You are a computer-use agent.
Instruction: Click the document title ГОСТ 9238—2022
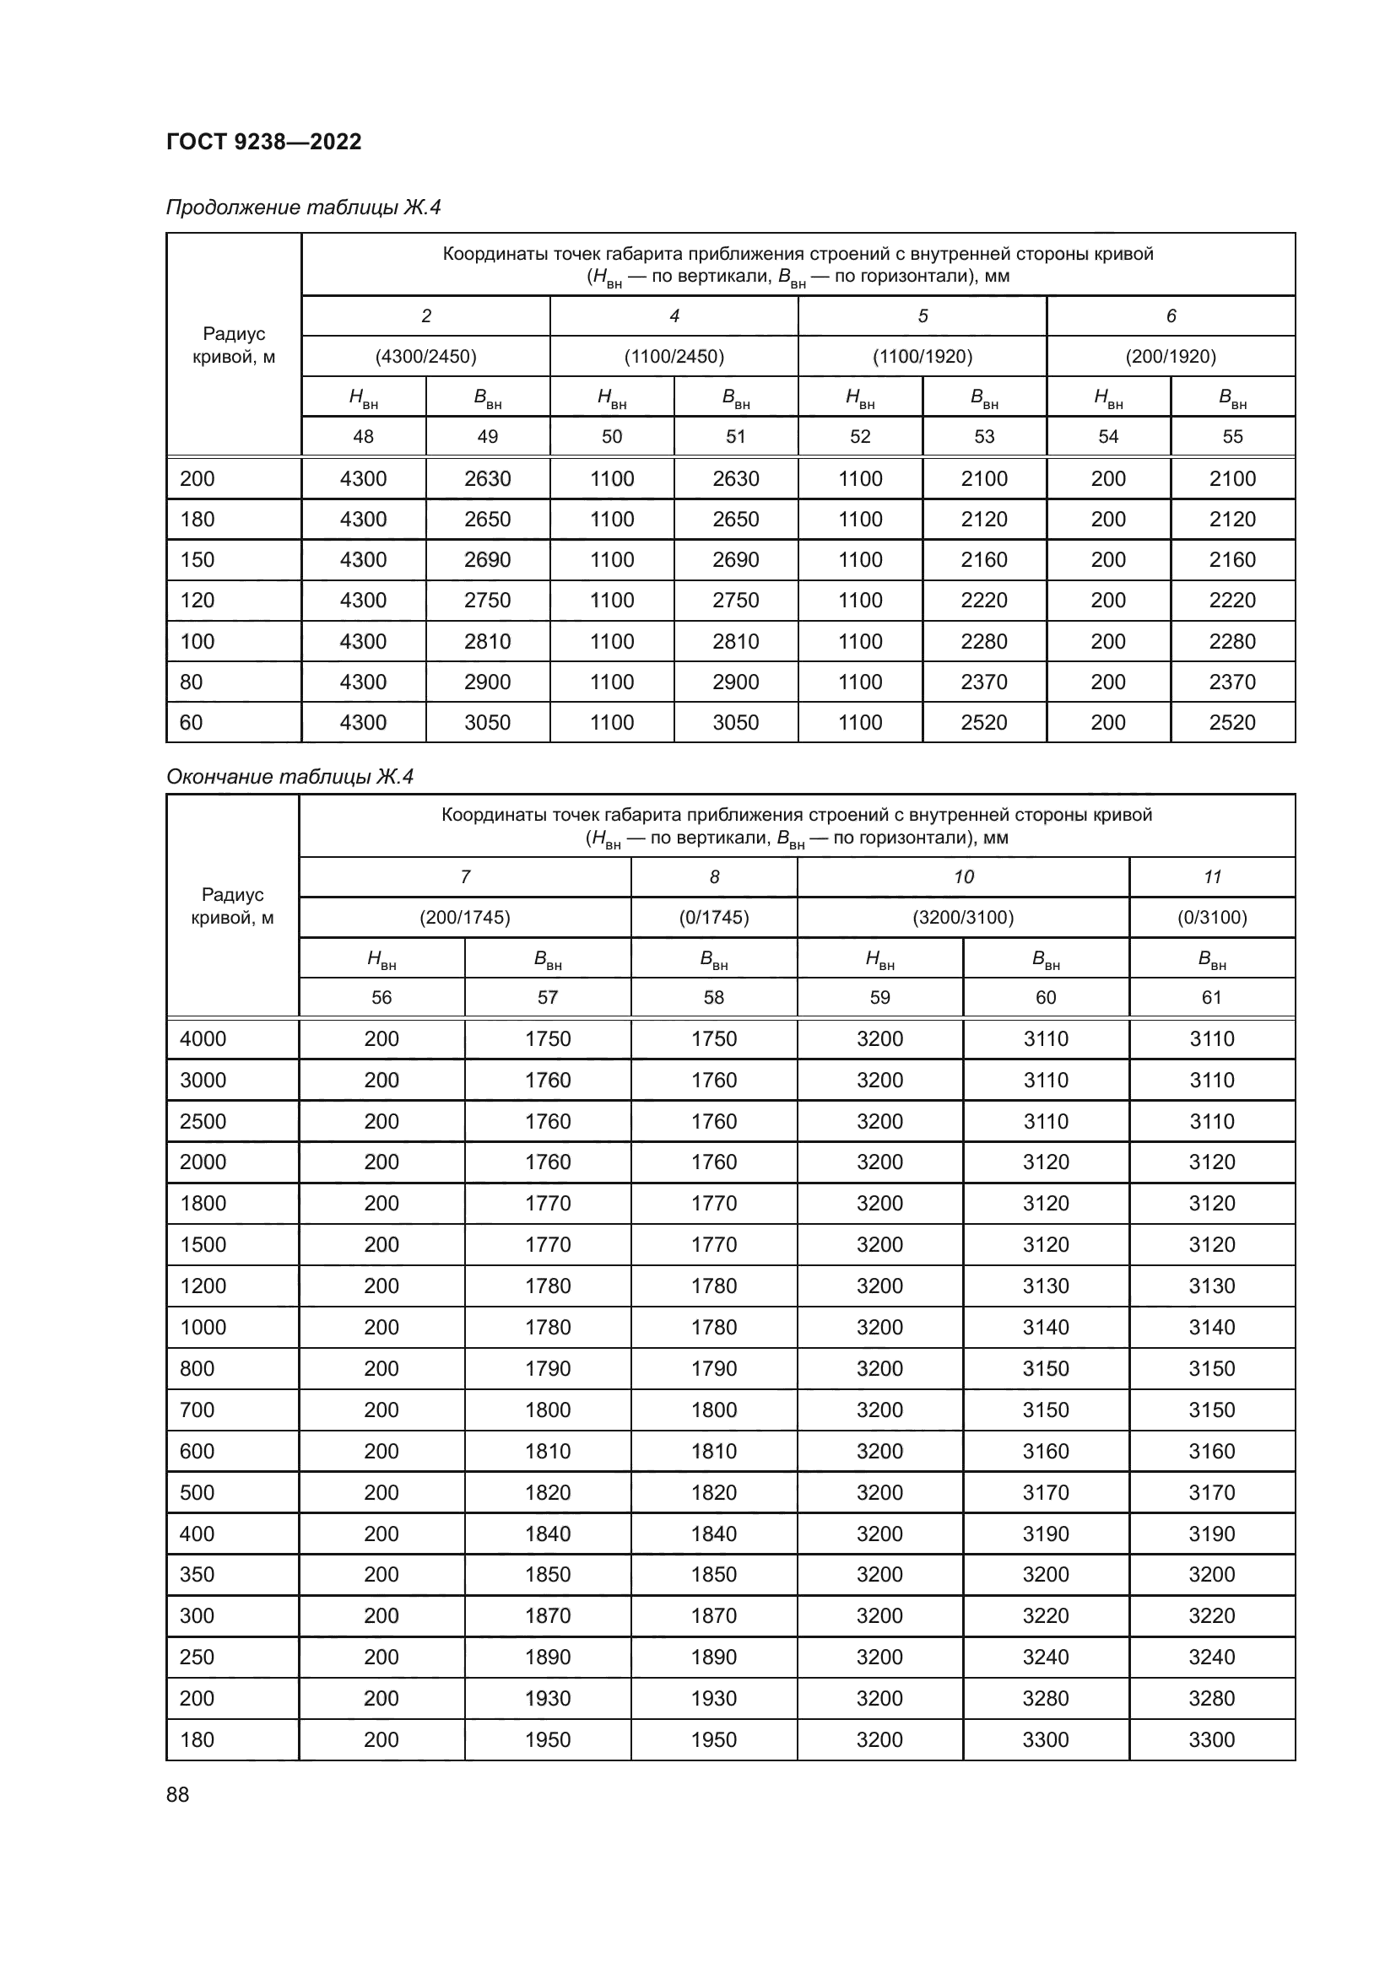pyautogui.click(x=263, y=142)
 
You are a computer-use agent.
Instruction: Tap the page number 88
pyautogui.click(x=177, y=1794)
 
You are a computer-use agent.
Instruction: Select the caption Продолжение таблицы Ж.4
pyautogui.click(x=303, y=208)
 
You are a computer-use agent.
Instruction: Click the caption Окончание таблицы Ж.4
pyautogui.click(x=289, y=777)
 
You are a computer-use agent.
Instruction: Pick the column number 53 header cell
pyautogui.click(x=983, y=437)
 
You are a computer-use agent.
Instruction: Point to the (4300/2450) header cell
pyautogui.click(x=425, y=357)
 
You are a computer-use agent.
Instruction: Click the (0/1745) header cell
pyautogui.click(x=713, y=918)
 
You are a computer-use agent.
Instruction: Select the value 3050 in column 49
pyautogui.click(x=487, y=723)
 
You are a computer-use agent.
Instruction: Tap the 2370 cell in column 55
pyautogui.click(x=1231, y=682)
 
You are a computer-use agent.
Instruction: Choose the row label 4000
pyautogui.click(x=203, y=1039)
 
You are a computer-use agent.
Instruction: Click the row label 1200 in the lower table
pyautogui.click(x=203, y=1286)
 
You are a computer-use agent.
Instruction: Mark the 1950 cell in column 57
pyautogui.click(x=548, y=1740)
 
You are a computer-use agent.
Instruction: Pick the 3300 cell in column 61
pyautogui.click(x=1211, y=1740)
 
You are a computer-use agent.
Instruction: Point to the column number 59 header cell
pyautogui.click(x=879, y=998)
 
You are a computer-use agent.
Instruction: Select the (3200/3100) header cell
pyautogui.click(x=963, y=918)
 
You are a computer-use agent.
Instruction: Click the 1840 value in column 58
pyautogui.click(x=713, y=1534)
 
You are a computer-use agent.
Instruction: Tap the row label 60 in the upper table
pyautogui.click(x=191, y=723)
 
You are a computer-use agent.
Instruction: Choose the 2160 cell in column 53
pyautogui.click(x=983, y=560)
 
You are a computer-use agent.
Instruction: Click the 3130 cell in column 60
pyautogui.click(x=1045, y=1286)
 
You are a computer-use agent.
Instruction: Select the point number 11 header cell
pyautogui.click(x=1211, y=877)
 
